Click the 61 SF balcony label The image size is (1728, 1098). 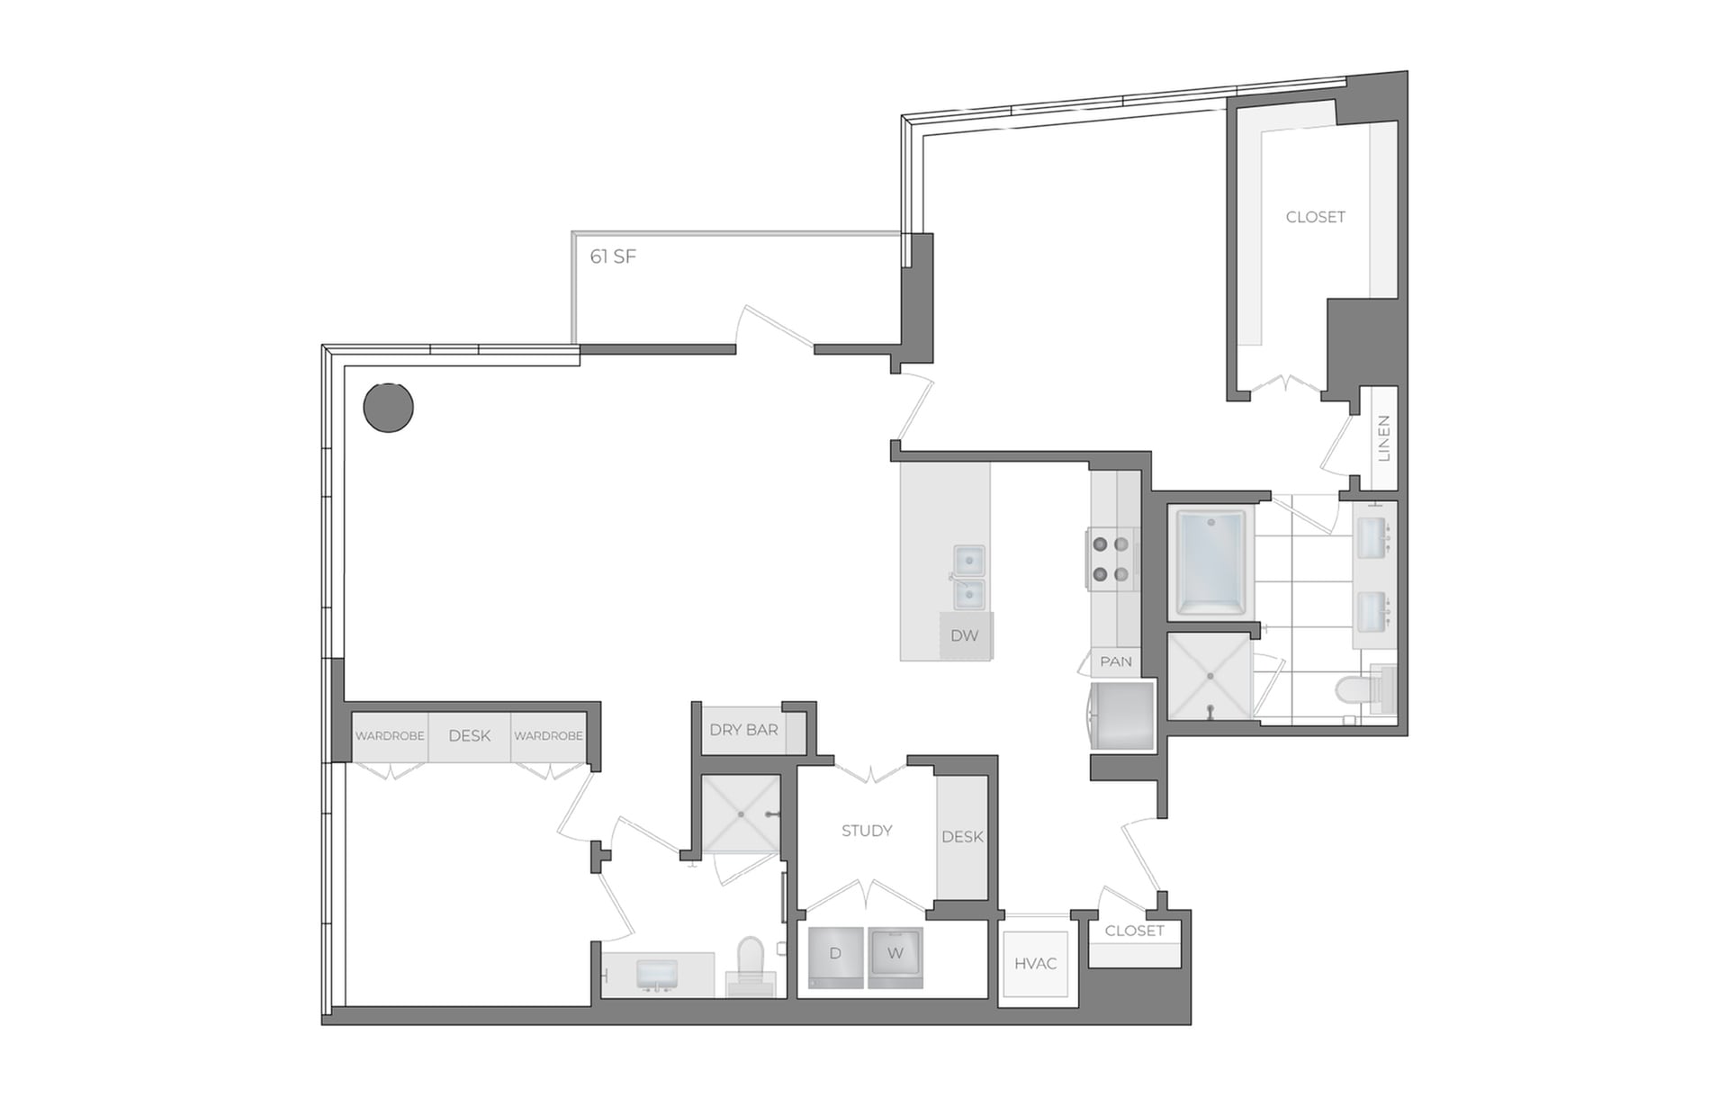(x=613, y=257)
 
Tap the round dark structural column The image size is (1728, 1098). (x=388, y=407)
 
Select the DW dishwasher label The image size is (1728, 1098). (x=964, y=635)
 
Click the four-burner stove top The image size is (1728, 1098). (x=1110, y=559)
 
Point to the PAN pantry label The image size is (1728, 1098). (x=1116, y=661)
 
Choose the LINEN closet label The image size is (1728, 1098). (x=1383, y=438)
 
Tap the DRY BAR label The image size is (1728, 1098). (x=743, y=730)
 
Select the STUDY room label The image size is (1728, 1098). (x=867, y=831)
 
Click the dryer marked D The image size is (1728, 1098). (x=835, y=955)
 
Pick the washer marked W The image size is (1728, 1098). (x=895, y=955)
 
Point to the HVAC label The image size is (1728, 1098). (x=1035, y=964)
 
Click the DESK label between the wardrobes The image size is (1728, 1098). (x=469, y=736)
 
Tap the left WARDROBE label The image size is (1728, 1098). (x=390, y=736)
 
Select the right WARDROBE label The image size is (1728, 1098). (x=548, y=736)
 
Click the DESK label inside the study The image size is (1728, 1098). (x=962, y=837)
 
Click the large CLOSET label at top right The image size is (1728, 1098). (x=1315, y=217)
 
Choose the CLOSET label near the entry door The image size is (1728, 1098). (x=1134, y=931)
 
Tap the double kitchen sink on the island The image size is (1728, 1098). (x=968, y=578)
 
